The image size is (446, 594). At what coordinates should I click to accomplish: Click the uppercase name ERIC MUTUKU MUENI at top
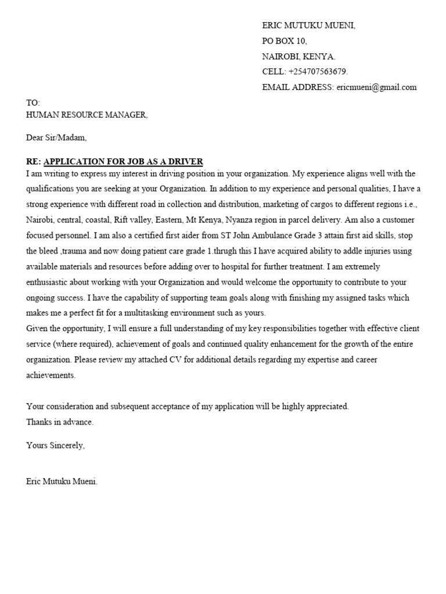click(x=308, y=26)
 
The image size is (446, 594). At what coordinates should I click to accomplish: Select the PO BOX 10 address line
click(x=285, y=41)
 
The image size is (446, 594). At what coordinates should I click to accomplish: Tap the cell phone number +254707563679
click(x=318, y=72)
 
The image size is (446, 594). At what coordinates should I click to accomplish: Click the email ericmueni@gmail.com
click(x=376, y=88)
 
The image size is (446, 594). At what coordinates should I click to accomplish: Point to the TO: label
click(x=33, y=103)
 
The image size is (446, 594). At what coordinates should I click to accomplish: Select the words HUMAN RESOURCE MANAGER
click(x=87, y=115)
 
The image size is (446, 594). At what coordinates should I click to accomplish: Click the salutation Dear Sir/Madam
click(x=56, y=138)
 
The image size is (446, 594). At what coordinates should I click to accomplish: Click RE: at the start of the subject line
click(x=34, y=161)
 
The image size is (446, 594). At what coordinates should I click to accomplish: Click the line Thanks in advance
click(x=60, y=422)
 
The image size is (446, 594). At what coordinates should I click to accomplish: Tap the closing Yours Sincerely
click(x=56, y=445)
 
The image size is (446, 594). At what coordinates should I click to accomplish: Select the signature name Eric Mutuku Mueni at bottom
click(x=62, y=481)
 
